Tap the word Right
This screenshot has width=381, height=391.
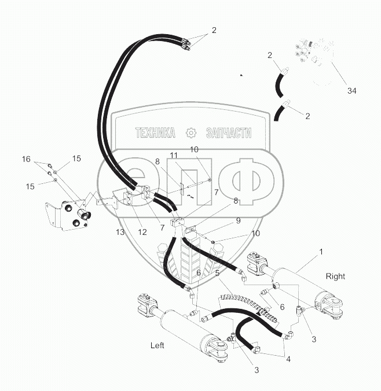(x=335, y=276)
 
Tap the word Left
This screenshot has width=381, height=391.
(x=157, y=345)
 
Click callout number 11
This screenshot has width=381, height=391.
(x=173, y=156)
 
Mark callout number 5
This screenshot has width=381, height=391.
(x=217, y=272)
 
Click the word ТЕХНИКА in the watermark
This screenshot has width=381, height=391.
(x=155, y=133)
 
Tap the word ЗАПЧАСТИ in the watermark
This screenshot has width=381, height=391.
(x=228, y=133)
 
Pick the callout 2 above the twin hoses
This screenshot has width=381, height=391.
(x=214, y=29)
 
